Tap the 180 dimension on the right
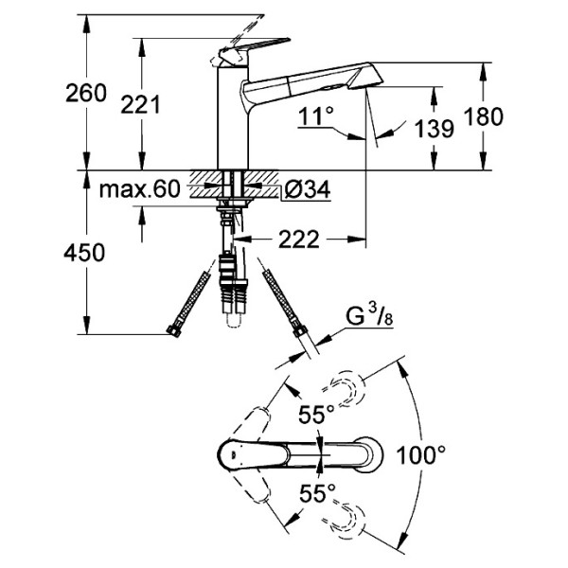coord(484,116)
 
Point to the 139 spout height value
coord(434,129)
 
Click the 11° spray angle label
coord(315,116)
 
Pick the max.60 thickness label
coord(139,190)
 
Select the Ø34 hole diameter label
coord(307,190)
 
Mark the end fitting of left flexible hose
coord(174,330)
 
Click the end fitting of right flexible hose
coord(300,332)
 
